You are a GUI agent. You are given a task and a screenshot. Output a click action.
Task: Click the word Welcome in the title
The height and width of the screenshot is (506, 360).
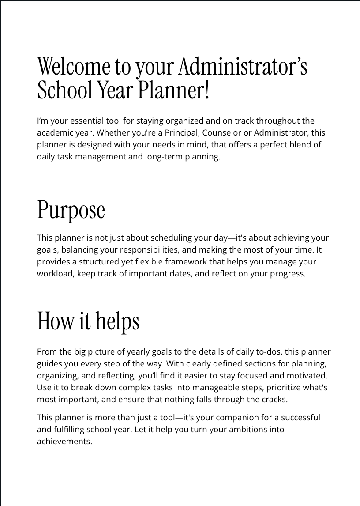pos(74,67)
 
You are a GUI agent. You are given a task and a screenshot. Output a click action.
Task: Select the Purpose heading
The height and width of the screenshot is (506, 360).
pos(71,210)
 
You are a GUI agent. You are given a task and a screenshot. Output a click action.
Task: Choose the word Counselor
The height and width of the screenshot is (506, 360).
pos(221,132)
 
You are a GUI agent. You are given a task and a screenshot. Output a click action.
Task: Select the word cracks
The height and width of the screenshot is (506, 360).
pos(274,400)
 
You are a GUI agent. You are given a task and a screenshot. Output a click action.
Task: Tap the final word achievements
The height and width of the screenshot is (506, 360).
pos(64,441)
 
